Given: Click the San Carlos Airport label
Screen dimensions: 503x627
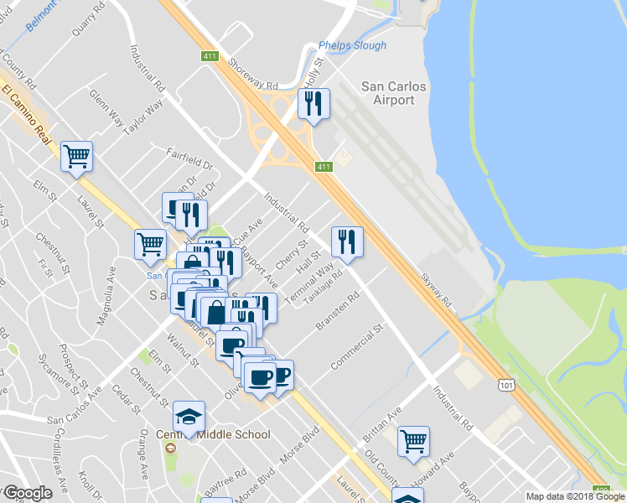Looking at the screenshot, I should pyautogui.click(x=393, y=93).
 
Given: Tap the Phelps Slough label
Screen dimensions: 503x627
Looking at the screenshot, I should pyautogui.click(x=352, y=46).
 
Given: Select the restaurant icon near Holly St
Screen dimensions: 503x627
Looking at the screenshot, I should pyautogui.click(x=313, y=105).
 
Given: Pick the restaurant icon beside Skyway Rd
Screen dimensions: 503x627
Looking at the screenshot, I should pyautogui.click(x=347, y=242).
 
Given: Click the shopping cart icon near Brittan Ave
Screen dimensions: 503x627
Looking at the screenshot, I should pyautogui.click(x=414, y=441).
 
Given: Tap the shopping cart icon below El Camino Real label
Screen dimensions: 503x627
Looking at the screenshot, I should pyautogui.click(x=76, y=156).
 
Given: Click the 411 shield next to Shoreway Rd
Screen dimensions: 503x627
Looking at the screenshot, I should pyautogui.click(x=210, y=57).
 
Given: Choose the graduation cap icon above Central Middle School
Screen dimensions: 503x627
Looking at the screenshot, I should pyautogui.click(x=189, y=417).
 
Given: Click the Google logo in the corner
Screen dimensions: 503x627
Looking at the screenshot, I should pyautogui.click(x=28, y=493).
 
